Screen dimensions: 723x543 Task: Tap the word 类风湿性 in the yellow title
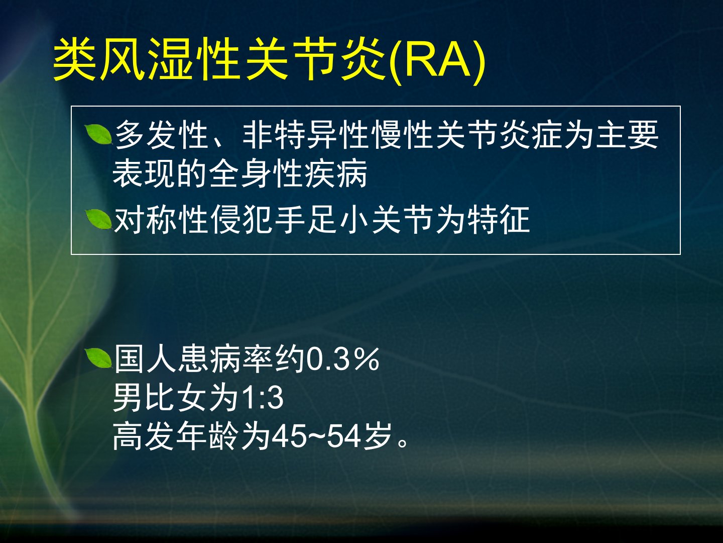click(x=146, y=59)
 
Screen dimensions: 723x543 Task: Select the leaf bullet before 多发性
click(x=99, y=135)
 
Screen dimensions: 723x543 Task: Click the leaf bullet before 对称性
click(x=99, y=220)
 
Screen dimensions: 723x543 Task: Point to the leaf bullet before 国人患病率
click(x=99, y=358)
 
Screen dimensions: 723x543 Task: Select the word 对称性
click(x=161, y=220)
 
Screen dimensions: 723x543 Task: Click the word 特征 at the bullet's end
click(x=499, y=220)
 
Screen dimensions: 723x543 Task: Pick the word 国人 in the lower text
click(x=145, y=359)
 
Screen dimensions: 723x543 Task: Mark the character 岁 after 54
click(x=377, y=436)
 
